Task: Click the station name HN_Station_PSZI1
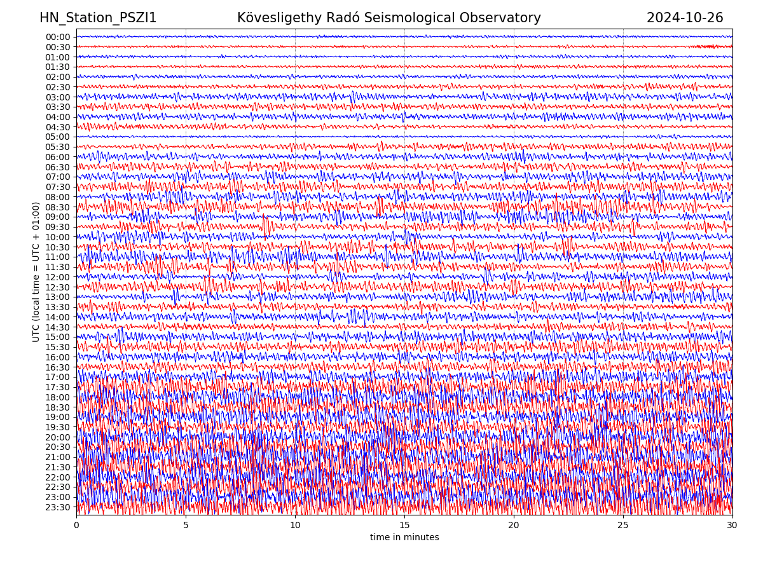98,18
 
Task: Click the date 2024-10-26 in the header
685,18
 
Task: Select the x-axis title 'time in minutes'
404,538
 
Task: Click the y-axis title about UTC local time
36,271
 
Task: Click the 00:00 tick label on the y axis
58,37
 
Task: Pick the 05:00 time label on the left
58,137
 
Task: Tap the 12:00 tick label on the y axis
58,277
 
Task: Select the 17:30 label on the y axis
58,387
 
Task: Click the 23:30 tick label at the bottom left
58,507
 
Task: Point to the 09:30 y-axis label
58,227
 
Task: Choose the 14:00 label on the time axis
58,317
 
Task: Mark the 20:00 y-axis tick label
58,437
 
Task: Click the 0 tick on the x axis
76,526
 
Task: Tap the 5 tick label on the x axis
186,526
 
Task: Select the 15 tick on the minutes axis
404,526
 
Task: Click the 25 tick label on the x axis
623,526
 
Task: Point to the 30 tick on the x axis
732,526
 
